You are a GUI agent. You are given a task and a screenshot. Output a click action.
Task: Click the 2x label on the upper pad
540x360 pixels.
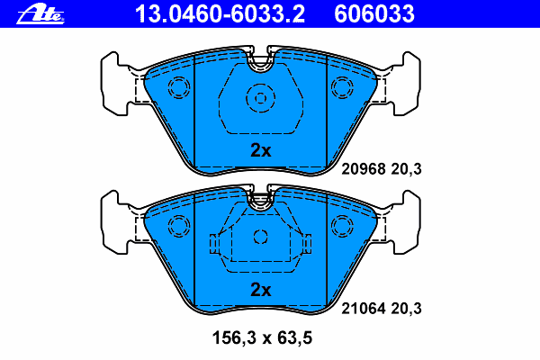(260, 151)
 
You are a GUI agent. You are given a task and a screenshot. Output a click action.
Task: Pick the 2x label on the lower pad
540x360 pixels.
(260, 290)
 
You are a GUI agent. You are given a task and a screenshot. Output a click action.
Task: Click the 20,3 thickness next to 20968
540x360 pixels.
(406, 168)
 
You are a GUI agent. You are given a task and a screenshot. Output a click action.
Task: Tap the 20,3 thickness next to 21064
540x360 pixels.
(406, 308)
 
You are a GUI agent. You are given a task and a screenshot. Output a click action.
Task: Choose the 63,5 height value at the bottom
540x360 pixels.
(295, 339)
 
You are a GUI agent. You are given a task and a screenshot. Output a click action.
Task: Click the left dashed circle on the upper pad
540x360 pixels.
(178, 87)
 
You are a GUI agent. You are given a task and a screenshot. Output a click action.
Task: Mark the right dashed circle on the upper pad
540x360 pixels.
(343, 87)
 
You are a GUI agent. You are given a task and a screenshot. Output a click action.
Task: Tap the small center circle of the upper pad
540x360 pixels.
(260, 98)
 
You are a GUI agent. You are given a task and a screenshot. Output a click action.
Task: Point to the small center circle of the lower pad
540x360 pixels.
(260, 237)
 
